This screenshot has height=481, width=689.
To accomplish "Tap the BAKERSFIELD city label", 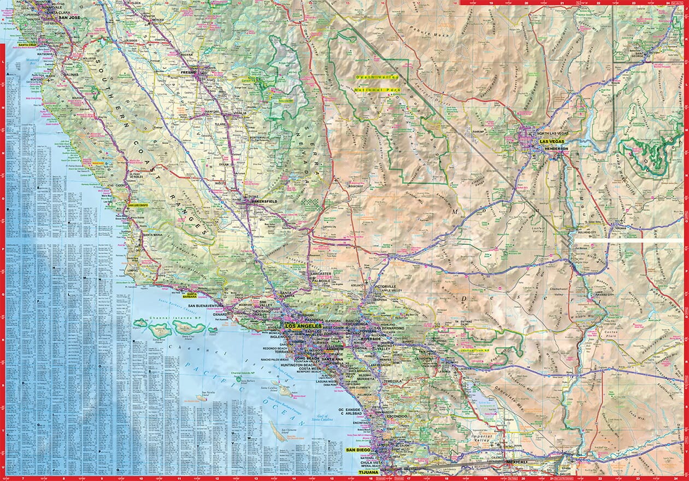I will (x=264, y=202).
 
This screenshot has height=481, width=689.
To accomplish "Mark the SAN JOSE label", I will (x=70, y=17).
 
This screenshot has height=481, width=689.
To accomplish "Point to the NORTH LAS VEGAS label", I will (x=553, y=134).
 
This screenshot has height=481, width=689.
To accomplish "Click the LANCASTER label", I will (x=320, y=274).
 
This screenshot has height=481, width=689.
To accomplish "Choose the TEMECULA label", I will (x=392, y=381).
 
